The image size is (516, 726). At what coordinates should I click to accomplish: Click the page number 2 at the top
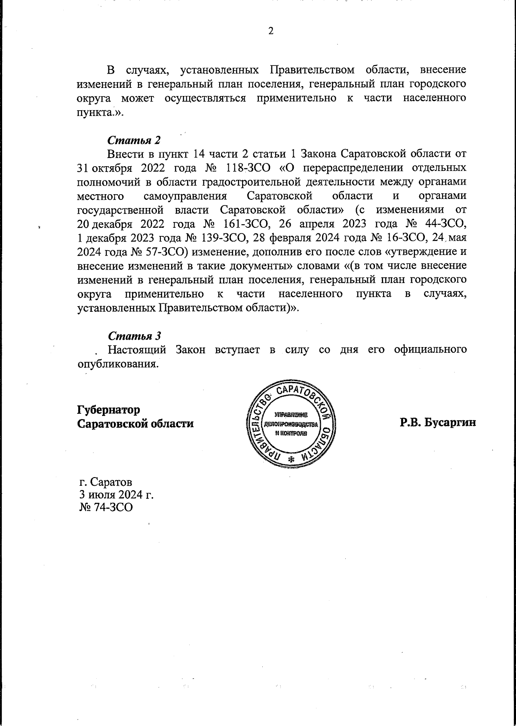pos(271,31)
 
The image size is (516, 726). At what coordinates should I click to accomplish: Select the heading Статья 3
pos(134,335)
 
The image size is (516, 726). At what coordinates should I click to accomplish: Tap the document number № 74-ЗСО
pos(106,508)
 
